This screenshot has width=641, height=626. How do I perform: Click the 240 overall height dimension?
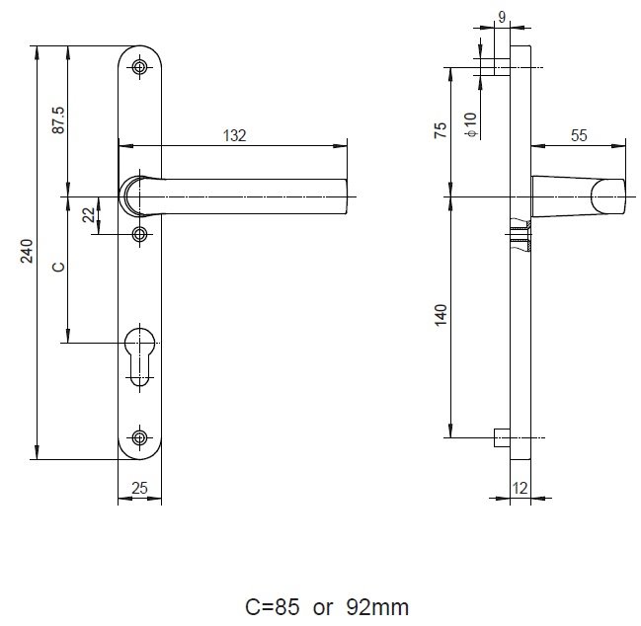(x=29, y=251)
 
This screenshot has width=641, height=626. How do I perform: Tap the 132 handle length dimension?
(x=234, y=136)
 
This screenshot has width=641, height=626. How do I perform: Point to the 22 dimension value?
(x=89, y=215)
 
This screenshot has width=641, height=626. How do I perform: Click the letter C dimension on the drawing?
(x=58, y=267)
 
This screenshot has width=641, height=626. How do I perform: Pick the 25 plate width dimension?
(x=139, y=487)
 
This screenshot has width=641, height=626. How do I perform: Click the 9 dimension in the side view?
(x=502, y=16)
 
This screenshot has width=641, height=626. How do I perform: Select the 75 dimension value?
(x=441, y=129)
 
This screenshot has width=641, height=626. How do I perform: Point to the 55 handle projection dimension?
(x=579, y=136)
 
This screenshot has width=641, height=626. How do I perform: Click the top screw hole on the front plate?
(x=140, y=67)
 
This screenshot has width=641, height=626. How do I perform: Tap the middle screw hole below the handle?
(x=140, y=234)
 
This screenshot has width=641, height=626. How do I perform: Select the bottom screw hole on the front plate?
(x=140, y=436)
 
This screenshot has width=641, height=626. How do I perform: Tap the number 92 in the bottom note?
(x=358, y=605)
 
